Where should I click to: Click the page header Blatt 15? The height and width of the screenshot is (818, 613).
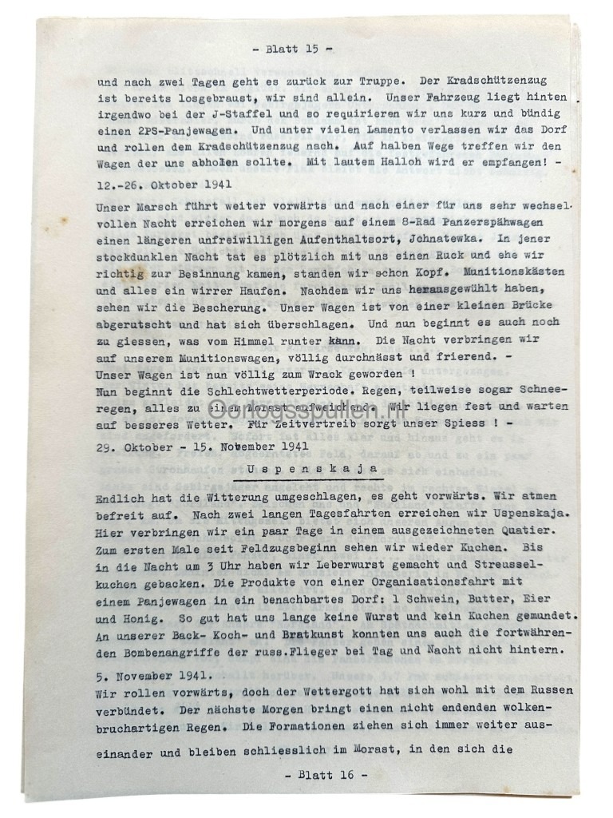[292, 49]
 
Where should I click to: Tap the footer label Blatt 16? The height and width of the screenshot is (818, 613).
[326, 775]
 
